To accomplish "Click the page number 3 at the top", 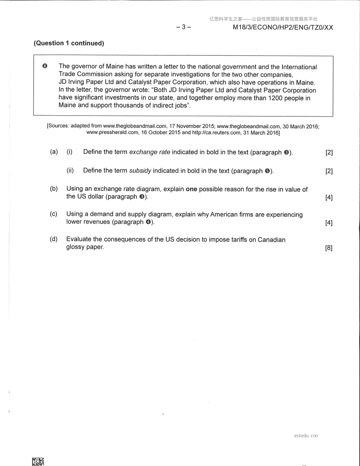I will click(184, 27).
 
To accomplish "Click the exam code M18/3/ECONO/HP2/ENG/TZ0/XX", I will click(283, 28).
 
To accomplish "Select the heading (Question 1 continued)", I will click(69, 43).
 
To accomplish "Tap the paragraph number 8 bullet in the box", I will click(45, 66).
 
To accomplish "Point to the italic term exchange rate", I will click(149, 152).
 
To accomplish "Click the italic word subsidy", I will click(140, 171).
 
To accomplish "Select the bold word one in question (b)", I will click(191, 189).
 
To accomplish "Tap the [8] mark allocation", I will click(329, 248).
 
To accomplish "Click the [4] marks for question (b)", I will click(329, 197).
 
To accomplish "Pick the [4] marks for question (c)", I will click(329, 223).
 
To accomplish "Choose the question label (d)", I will click(54, 239).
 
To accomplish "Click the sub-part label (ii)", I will click(70, 170).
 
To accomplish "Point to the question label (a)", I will click(54, 152).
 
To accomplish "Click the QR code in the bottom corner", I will click(38, 461).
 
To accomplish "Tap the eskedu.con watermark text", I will click(306, 436).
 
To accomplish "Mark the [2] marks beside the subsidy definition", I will click(329, 171).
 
